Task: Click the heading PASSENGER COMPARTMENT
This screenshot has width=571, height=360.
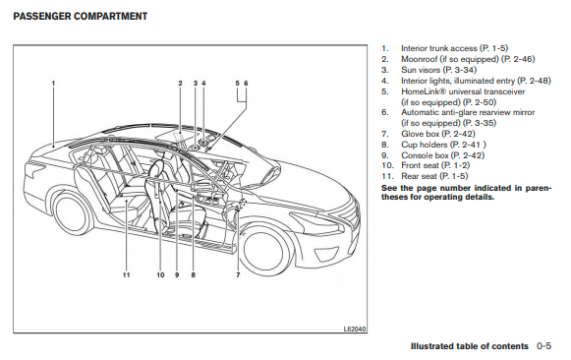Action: coord(81,17)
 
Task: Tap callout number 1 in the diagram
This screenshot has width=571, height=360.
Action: coord(53,83)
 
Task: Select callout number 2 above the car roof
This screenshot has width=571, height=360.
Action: coord(180,83)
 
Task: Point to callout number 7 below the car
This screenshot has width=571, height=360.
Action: coord(238,274)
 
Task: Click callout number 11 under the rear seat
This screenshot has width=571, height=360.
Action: coord(126,274)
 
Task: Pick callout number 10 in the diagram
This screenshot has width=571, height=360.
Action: coord(160,274)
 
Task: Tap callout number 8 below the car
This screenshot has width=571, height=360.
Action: coord(193,274)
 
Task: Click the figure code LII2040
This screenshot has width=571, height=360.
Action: coord(355,330)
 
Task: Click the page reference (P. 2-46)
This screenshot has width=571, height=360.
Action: coord(518,59)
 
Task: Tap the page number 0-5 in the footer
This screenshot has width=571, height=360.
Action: coord(543,346)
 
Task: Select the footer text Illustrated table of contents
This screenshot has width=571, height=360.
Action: coord(470,346)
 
